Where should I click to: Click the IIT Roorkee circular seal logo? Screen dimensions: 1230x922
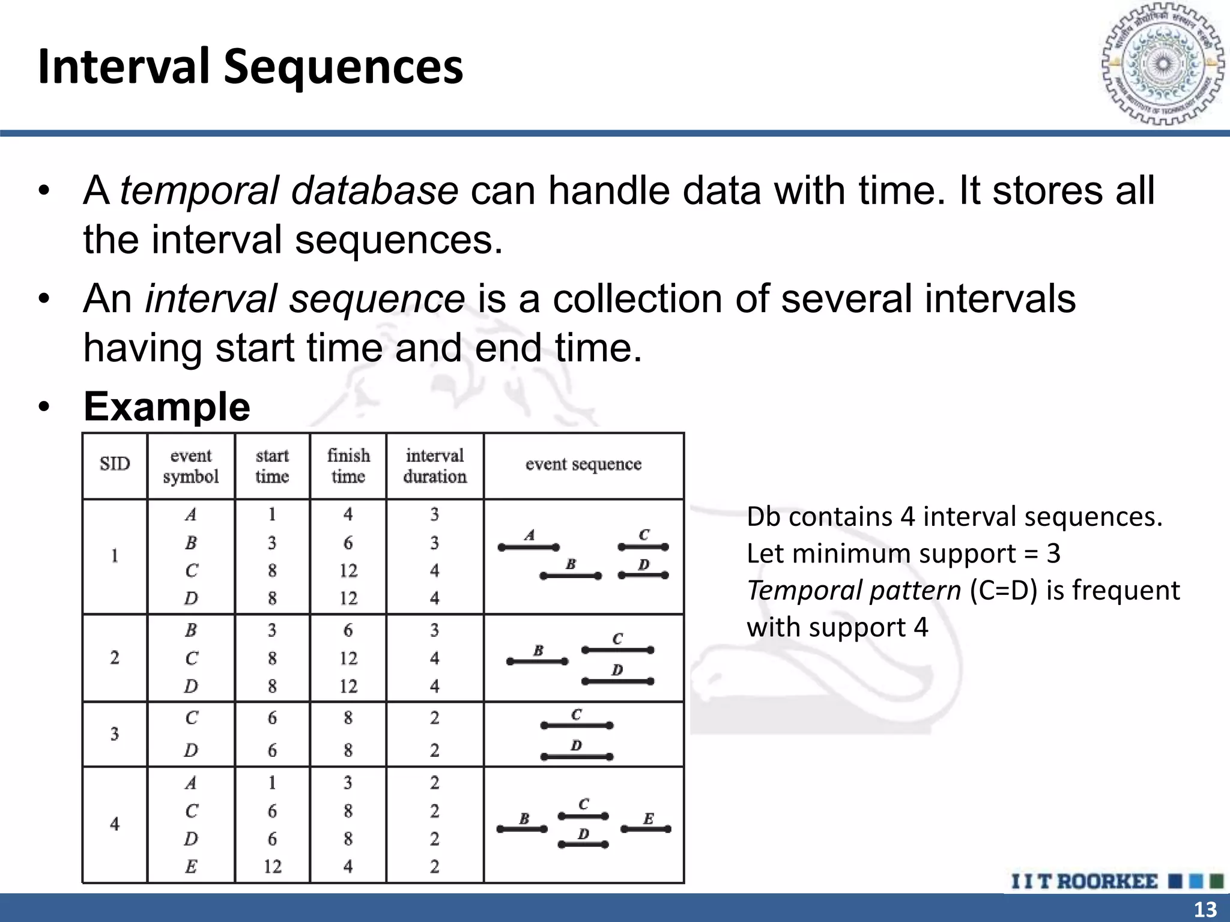pos(1163,64)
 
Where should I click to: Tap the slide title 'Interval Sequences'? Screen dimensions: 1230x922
pos(250,66)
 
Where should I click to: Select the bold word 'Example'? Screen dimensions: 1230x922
pos(167,406)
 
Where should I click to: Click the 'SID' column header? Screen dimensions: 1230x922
pos(115,464)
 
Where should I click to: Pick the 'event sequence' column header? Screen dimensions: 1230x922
pos(583,464)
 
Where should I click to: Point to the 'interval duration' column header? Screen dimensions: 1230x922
pos(435,466)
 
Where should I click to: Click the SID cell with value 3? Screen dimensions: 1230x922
pos(115,734)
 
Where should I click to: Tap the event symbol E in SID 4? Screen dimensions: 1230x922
pos(191,866)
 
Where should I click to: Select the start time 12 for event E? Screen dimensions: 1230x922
pos(272,866)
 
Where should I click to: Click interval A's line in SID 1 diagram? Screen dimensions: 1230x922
pos(529,547)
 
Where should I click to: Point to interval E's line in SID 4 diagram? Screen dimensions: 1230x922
pos(646,829)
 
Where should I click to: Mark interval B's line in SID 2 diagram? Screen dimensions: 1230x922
pos(537,661)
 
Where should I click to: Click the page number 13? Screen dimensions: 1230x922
pos(1205,909)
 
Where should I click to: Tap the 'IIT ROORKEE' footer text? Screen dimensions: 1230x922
pos(1084,881)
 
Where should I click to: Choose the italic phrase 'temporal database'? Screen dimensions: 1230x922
pos(289,191)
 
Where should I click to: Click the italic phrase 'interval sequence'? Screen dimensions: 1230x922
pos(304,299)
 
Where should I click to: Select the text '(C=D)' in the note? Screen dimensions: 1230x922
pos(1003,591)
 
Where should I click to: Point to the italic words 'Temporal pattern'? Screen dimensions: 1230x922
pos(853,591)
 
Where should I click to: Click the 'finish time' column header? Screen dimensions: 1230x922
pos(348,466)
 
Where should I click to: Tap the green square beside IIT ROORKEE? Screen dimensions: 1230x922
pos(1216,881)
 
